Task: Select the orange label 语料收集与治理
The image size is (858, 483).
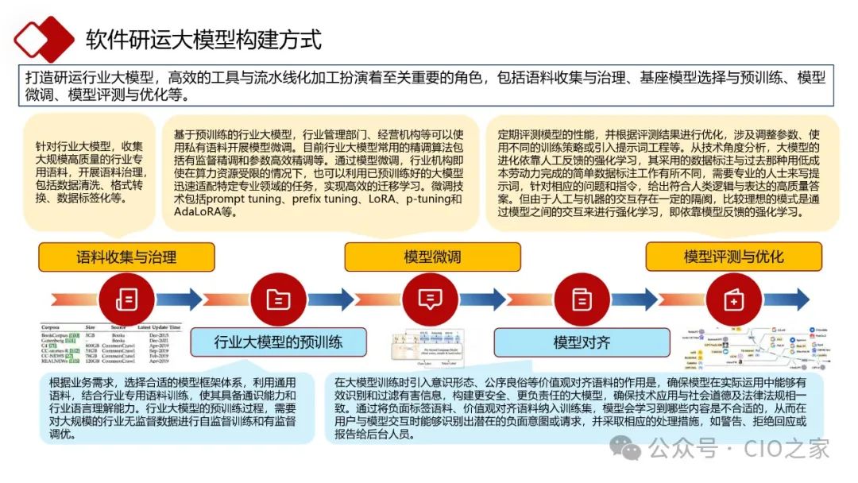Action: pos(126,257)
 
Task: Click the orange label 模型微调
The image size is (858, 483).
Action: pos(432,257)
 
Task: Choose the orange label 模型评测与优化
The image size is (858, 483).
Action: pos(733,257)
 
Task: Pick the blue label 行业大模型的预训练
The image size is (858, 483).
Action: pos(278,342)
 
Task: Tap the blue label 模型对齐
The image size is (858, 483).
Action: pos(582,342)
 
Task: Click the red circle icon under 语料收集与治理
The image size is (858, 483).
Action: pos(126,299)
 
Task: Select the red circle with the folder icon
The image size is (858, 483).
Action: pos(278,299)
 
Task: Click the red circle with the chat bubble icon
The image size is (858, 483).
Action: pos(430,299)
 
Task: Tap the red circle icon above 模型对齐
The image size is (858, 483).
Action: pos(582,299)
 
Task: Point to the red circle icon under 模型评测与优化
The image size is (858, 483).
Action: pos(733,299)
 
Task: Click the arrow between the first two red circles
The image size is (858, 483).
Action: pos(203,299)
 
